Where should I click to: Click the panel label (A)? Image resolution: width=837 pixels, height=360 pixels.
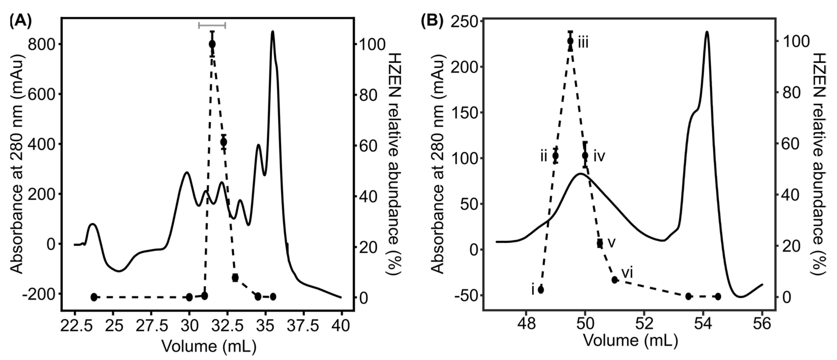[20, 22]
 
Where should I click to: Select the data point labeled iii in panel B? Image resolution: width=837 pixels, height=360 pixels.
[570, 41]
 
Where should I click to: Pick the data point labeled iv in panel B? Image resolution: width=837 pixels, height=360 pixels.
[585, 155]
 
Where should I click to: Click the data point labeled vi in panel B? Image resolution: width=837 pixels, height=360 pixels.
[614, 280]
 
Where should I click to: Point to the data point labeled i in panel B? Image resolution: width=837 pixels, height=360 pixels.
[541, 290]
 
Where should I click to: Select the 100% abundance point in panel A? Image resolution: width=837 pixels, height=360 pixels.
[212, 44]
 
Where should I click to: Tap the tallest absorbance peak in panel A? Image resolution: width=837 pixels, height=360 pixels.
[272, 32]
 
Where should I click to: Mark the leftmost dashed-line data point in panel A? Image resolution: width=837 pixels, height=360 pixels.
[94, 297]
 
